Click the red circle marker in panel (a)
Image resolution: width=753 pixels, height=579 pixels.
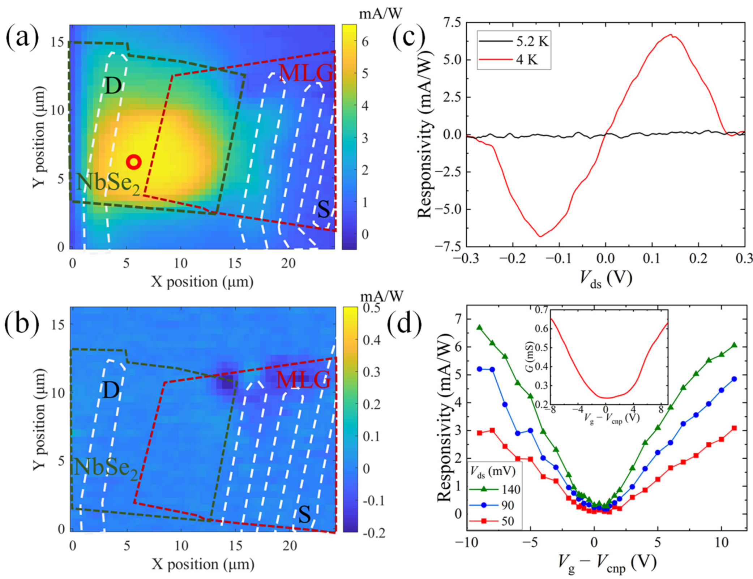click(134, 162)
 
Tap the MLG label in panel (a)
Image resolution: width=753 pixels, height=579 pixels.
click(306, 73)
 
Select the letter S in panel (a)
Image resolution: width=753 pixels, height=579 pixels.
click(323, 209)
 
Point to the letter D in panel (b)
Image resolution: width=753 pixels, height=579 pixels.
click(111, 390)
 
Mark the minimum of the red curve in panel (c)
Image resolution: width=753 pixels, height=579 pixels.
click(540, 236)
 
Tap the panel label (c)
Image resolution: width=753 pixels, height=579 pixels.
click(408, 37)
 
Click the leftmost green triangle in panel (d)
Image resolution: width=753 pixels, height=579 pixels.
click(480, 327)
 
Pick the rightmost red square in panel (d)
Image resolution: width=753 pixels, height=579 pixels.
click(734, 428)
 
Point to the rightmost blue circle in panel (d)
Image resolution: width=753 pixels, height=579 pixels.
click(734, 379)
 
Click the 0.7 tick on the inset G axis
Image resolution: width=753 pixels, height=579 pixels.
click(541, 309)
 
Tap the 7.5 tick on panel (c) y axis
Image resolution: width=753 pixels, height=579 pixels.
click(453, 22)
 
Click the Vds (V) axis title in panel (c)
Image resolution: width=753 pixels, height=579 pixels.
click(606, 278)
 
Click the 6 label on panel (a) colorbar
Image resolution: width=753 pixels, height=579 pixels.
click(365, 42)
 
